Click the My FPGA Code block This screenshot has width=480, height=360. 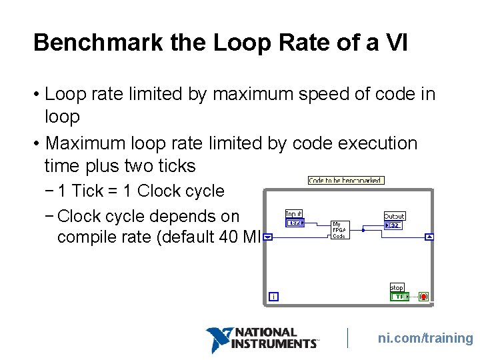[x=339, y=230]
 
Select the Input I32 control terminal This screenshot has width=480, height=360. [x=294, y=223]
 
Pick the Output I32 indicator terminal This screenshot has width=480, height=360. [x=393, y=225]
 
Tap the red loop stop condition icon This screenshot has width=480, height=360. [x=423, y=297]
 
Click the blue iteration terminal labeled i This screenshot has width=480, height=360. [x=273, y=297]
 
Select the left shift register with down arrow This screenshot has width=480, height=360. [x=267, y=237]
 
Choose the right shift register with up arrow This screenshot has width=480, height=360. [x=430, y=237]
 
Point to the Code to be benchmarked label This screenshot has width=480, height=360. [x=346, y=180]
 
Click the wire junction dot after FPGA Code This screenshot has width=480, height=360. [x=363, y=230]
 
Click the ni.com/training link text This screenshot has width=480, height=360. [x=425, y=339]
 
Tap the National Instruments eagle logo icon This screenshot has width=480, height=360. [x=219, y=339]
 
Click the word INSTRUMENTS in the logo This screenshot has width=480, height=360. [x=274, y=344]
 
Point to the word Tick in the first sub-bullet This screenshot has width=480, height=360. [x=87, y=191]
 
